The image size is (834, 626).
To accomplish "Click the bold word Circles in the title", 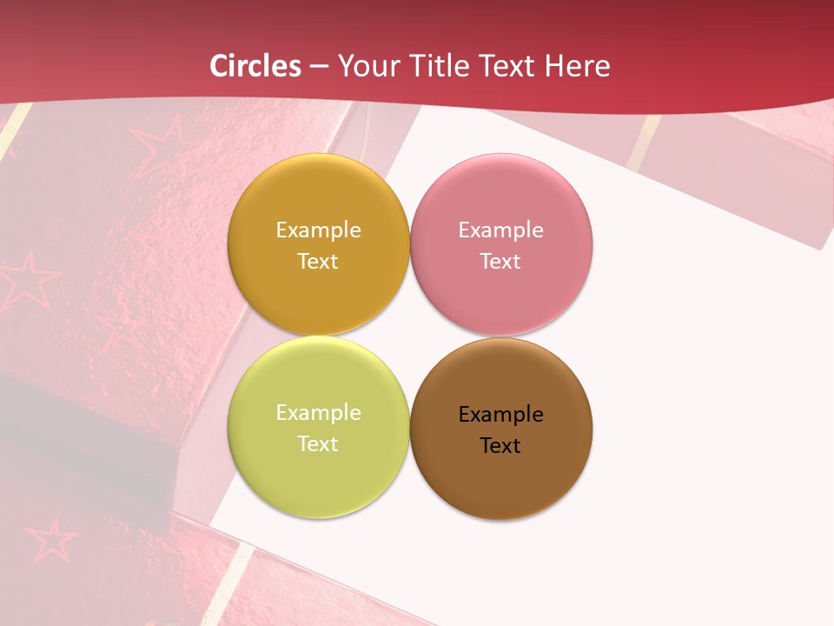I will pos(255,66).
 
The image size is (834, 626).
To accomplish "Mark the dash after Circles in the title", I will pos(319,67).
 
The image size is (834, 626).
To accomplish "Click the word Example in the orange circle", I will pos(318,230).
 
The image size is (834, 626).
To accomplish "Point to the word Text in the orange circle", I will pos(318,262).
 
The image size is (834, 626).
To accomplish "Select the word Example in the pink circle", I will pos(501,230).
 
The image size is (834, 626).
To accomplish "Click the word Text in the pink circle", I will pos(501,262).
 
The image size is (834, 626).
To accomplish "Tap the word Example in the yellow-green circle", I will pos(318,413).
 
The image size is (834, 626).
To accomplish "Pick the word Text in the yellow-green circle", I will pos(318,444).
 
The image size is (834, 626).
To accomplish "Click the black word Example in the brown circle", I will pos(501,415).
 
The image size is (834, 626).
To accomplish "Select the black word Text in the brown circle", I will pos(501,446).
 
